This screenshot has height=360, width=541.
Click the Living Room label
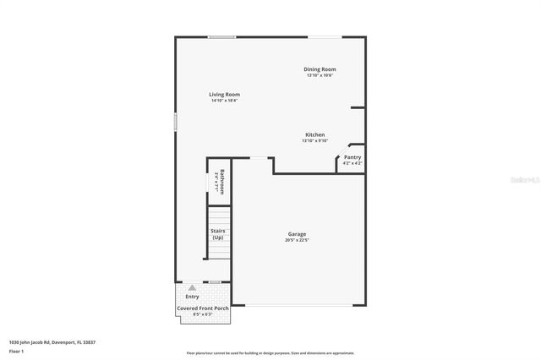click(x=225, y=94)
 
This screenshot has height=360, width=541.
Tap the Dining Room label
click(x=320, y=69)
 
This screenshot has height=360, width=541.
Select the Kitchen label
click(x=315, y=134)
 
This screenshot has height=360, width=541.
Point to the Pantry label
click(x=352, y=157)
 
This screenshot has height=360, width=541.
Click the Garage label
click(x=297, y=234)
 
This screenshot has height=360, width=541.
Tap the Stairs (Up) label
click(x=217, y=234)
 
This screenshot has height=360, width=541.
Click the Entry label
click(x=192, y=297)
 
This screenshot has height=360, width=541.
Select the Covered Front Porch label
click(x=203, y=308)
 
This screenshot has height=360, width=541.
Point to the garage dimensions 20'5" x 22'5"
click(x=297, y=241)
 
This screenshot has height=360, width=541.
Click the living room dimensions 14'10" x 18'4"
click(x=225, y=101)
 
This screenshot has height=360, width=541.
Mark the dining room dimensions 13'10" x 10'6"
click(x=320, y=76)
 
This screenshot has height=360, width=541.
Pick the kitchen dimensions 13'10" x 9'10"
click(x=315, y=141)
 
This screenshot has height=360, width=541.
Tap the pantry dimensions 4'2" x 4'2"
click(x=352, y=163)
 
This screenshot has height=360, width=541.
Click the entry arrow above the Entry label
click(x=192, y=288)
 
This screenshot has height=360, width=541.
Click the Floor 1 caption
click(x=16, y=351)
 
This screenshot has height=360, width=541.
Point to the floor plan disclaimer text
click(x=270, y=353)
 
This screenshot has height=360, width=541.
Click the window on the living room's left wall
click(x=176, y=122)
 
